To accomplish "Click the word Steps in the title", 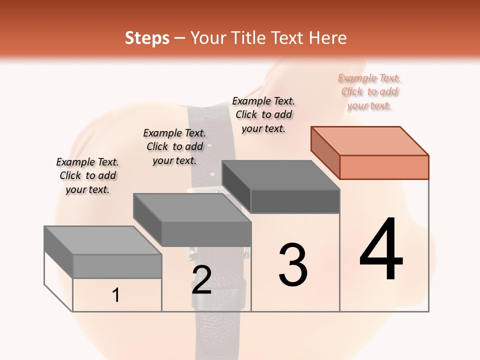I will tap(146, 38).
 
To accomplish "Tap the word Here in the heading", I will tap(327, 38).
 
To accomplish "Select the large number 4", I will tap(381, 250).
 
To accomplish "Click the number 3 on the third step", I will tap(293, 265).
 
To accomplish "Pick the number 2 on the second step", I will tap(201, 280).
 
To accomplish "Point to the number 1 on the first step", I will tap(116, 295).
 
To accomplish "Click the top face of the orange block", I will tap(370, 140).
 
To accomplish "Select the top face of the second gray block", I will tap(192, 207).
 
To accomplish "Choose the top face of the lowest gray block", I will tap(103, 240).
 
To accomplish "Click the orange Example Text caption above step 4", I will tap(369, 92).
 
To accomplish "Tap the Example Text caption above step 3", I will tap(263, 114).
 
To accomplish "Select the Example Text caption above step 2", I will tap(174, 146).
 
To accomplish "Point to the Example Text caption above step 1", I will tap(87, 175).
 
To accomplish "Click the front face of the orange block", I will tap(384, 167).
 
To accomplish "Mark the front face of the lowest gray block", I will tap(117, 266).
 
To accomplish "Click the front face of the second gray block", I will tap(206, 234).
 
